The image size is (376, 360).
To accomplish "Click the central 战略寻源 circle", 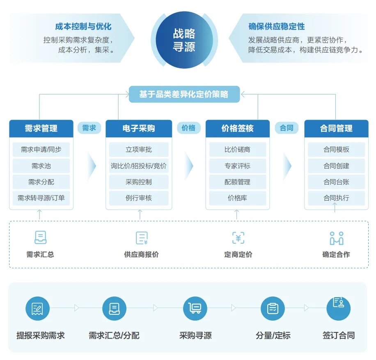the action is click(x=184, y=40).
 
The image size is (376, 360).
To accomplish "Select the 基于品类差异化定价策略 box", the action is click(x=183, y=94).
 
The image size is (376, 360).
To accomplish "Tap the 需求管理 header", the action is click(x=41, y=128).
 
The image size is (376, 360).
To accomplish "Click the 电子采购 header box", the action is click(x=139, y=128).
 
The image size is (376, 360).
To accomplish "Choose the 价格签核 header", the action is click(x=238, y=128).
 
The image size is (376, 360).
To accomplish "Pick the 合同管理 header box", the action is click(x=336, y=128).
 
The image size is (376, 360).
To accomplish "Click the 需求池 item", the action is click(x=41, y=166).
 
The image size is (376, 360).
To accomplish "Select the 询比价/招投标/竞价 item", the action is click(x=139, y=166).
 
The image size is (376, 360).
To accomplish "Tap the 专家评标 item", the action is click(x=238, y=166).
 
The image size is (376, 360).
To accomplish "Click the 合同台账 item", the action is click(x=336, y=182).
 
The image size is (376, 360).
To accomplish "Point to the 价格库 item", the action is click(x=238, y=198).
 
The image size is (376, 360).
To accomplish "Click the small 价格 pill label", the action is click(x=188, y=128).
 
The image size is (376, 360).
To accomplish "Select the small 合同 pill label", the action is click(x=287, y=128).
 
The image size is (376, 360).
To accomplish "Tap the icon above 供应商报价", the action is click(x=142, y=238).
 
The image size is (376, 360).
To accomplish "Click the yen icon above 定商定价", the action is click(x=238, y=238).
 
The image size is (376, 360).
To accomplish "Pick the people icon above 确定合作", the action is click(x=336, y=238).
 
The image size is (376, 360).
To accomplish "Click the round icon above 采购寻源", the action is click(x=195, y=308).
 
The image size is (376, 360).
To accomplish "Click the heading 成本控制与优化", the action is click(x=83, y=27).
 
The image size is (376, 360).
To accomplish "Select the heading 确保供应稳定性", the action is click(x=277, y=27).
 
